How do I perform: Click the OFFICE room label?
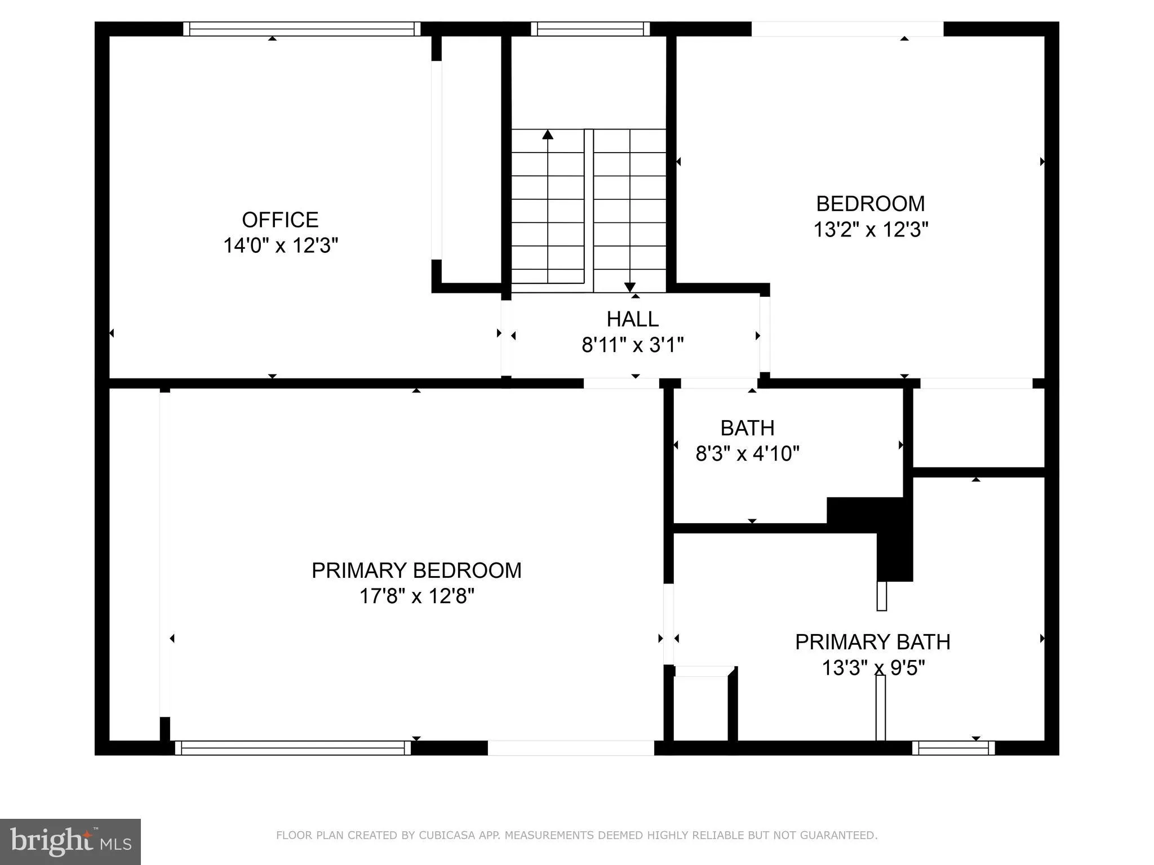(x=280, y=220)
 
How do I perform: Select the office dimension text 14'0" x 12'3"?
(x=280, y=246)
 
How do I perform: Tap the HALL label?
(x=632, y=319)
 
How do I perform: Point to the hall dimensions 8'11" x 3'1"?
(x=632, y=344)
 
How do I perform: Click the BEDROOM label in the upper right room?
(x=870, y=203)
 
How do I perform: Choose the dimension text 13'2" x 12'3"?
(x=870, y=230)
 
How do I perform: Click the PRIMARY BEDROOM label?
(x=416, y=570)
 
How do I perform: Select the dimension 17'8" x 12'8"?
(x=416, y=596)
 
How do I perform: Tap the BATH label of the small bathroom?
(x=747, y=428)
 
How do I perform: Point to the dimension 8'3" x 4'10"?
(x=747, y=453)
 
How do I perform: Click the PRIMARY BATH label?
(x=872, y=642)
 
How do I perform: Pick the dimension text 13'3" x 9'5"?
(x=872, y=668)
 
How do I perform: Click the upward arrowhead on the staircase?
(x=548, y=135)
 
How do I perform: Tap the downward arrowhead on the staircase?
(x=629, y=287)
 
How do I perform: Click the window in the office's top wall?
(x=301, y=29)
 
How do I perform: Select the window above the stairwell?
(x=590, y=29)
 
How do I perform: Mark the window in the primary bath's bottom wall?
(x=953, y=748)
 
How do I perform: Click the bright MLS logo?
(x=70, y=842)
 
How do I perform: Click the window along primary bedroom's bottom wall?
(x=293, y=748)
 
